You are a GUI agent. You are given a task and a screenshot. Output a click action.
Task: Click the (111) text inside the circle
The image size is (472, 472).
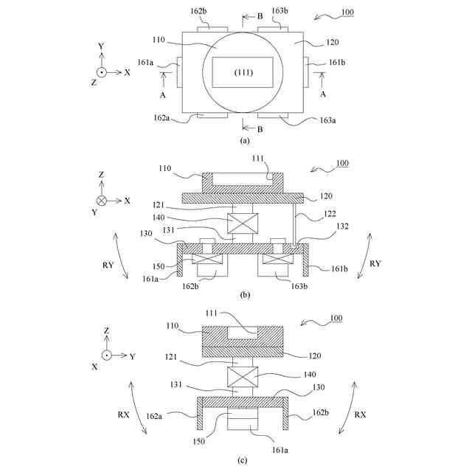244,73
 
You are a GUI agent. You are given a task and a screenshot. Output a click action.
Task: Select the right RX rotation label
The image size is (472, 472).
361,414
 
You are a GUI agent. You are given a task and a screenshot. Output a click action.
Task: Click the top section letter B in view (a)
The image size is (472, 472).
260,16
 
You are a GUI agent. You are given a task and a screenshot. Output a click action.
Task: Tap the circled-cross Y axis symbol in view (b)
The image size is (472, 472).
103,200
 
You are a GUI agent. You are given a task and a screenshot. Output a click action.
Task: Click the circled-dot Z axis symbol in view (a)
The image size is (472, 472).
103,72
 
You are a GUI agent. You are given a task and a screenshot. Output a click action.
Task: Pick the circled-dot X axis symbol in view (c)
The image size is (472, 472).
105,355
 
